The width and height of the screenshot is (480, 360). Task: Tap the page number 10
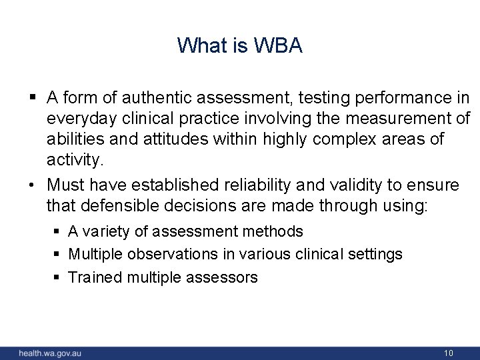(x=449, y=353)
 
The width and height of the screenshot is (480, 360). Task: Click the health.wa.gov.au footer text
(x=50, y=353)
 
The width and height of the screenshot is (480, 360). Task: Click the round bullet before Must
(x=33, y=185)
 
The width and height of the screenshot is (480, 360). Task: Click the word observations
(x=173, y=255)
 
